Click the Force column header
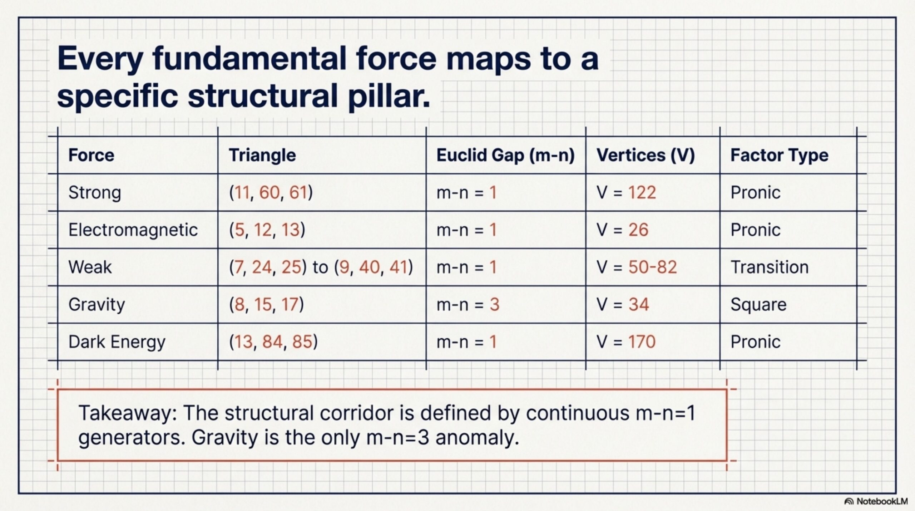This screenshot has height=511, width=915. point(91,155)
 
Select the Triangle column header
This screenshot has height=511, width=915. point(262,155)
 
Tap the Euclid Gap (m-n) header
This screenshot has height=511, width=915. point(505,155)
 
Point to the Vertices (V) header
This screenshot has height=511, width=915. point(646,155)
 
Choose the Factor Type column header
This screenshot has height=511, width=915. point(779,156)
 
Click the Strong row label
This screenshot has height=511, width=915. point(95,193)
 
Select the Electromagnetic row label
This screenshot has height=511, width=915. point(133,230)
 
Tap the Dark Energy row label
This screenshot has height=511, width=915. point(117,342)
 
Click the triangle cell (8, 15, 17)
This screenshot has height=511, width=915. point(266,305)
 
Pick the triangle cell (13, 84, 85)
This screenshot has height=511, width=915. point(273,342)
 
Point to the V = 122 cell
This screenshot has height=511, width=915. point(626,193)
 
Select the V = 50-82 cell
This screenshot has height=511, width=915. point(637,267)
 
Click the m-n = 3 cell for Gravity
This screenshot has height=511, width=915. point(468,305)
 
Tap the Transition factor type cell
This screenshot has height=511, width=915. point(770,267)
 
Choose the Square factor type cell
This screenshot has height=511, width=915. point(758,305)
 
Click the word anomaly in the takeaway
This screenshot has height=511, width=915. point(477,438)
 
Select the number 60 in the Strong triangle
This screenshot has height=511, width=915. point(269,193)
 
